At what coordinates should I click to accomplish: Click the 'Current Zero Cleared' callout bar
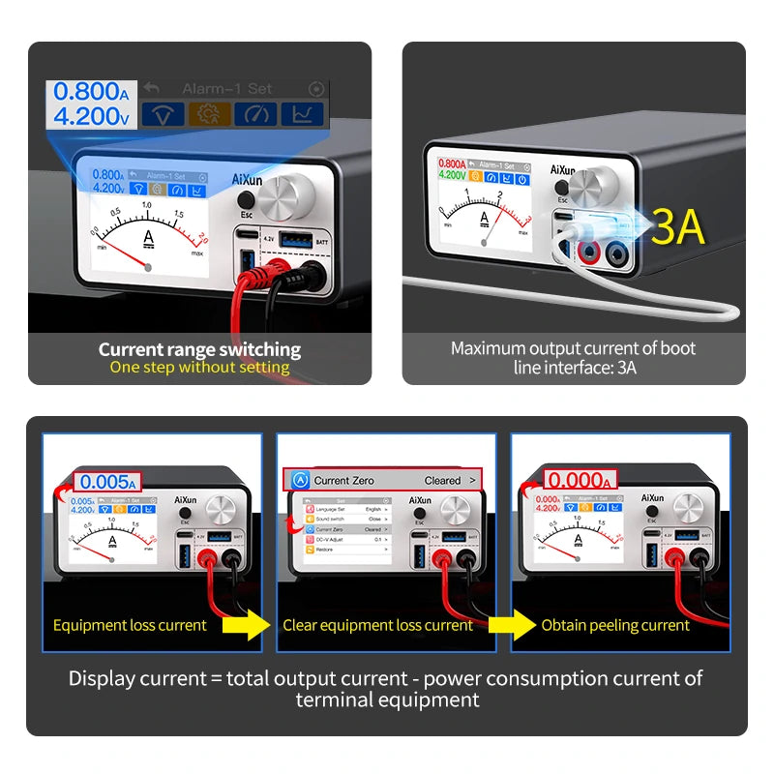(x=385, y=479)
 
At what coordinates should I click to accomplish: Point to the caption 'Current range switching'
(x=199, y=349)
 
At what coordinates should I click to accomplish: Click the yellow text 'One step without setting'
(x=199, y=368)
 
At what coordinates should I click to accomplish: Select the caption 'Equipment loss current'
(x=130, y=625)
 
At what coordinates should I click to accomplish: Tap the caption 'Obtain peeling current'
(x=615, y=625)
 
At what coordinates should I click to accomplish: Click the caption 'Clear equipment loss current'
(x=377, y=625)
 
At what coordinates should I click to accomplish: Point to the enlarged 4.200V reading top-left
(x=91, y=116)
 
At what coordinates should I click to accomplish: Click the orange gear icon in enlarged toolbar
(x=208, y=115)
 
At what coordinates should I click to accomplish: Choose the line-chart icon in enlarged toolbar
(x=301, y=115)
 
